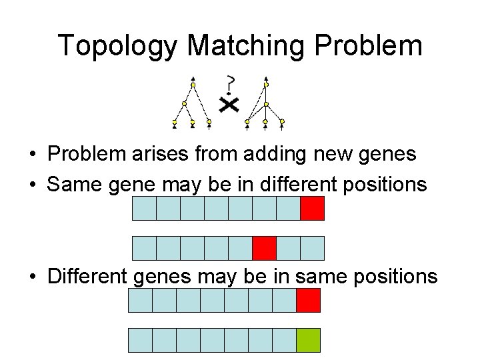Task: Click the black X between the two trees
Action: click(229, 105)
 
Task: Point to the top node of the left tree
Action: click(193, 85)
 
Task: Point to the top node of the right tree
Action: click(266, 85)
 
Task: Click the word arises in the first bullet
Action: click(159, 154)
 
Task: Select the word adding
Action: click(273, 154)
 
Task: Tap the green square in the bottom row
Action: click(308, 340)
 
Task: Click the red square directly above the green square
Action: click(308, 301)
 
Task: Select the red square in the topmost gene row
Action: click(312, 208)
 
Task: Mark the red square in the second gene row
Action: click(264, 248)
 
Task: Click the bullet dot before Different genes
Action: click(33, 277)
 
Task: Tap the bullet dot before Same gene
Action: click(33, 185)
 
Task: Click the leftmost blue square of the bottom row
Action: click(140, 340)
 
